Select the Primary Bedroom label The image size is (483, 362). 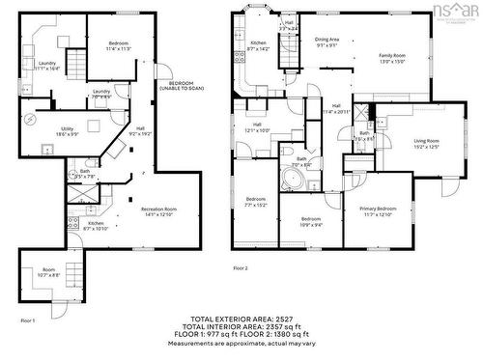click(x=378, y=211)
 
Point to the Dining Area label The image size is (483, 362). click(x=327, y=42)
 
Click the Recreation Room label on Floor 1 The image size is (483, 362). click(x=157, y=211)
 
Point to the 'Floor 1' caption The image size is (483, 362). click(x=27, y=320)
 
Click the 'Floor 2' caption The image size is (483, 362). click(x=240, y=267)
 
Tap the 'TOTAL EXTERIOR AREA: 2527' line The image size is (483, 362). click(x=241, y=319)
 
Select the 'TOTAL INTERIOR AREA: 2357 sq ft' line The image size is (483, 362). click(x=241, y=326)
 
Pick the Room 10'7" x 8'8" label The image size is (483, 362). click(x=48, y=273)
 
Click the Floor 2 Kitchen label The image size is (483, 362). click(x=259, y=45)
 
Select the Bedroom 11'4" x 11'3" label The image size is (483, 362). click(x=118, y=45)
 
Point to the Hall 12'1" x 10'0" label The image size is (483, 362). click(x=258, y=126)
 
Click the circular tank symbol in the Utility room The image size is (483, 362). click(x=33, y=119)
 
